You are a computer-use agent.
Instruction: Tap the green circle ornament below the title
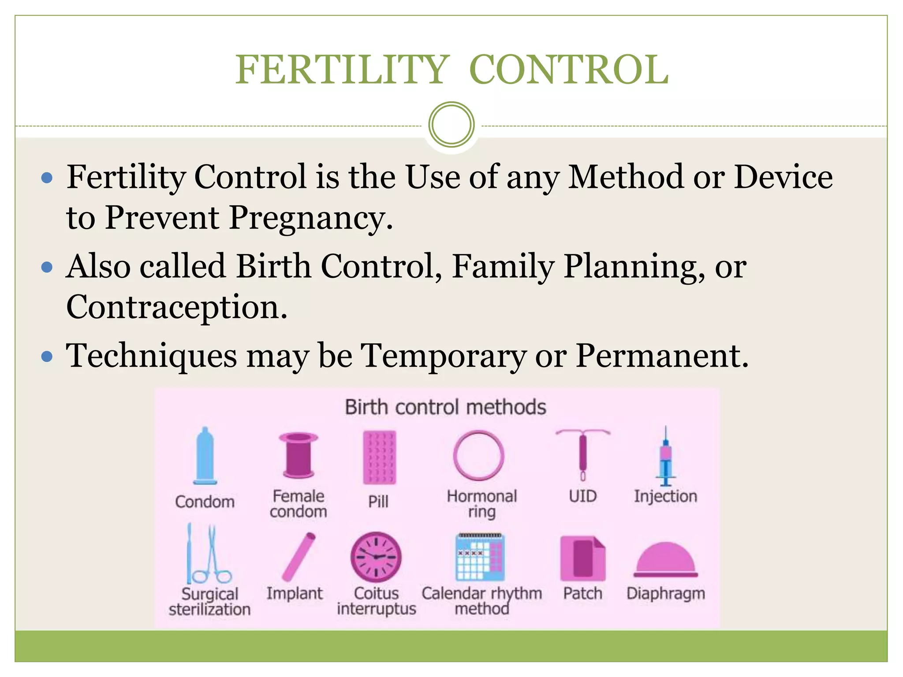pos(451,125)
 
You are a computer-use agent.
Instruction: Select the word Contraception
pos(176,307)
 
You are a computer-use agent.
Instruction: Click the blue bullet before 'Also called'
pos(47,268)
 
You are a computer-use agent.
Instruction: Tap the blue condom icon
pos(205,456)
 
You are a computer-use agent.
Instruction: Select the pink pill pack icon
pos(379,458)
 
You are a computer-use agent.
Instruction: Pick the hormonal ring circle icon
pos(478,455)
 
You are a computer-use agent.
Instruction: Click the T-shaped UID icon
pos(583,454)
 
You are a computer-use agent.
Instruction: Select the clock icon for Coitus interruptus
pos(376,557)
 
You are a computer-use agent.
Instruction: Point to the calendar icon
pos(480,558)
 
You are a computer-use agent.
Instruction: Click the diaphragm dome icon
pos(665,560)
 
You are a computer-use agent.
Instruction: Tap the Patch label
pos(582,593)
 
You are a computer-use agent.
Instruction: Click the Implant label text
pos(295,593)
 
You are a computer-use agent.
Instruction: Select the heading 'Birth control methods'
pos(445,407)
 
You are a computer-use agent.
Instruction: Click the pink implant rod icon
pos(299,557)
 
